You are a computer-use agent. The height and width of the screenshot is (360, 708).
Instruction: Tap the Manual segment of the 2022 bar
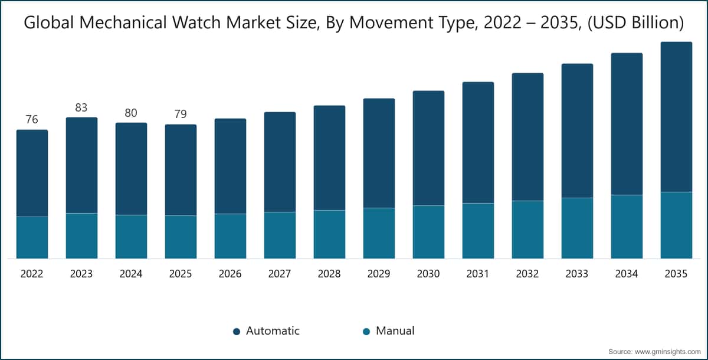coord(32,237)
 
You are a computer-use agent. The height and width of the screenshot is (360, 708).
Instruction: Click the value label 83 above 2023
coord(81,107)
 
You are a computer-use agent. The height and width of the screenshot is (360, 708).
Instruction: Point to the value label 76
coord(32,120)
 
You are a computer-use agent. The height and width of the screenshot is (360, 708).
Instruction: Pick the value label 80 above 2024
coord(131,113)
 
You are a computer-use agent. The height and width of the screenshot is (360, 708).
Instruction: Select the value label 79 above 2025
coord(181,114)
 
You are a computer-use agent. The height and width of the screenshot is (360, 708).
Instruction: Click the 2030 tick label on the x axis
coord(428,274)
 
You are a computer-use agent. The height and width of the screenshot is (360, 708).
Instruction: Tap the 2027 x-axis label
coord(280,274)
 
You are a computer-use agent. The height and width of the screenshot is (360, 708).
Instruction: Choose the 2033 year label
coord(577,274)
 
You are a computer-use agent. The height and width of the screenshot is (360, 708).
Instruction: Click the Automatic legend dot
coord(237,332)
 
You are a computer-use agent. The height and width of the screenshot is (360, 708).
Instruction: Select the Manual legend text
coord(395,331)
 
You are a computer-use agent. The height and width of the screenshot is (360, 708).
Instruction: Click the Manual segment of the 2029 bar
coord(379,233)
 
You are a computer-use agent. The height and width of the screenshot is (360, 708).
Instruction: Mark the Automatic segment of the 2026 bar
coord(230,166)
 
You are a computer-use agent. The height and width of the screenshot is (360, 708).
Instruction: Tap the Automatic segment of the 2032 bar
coord(527,137)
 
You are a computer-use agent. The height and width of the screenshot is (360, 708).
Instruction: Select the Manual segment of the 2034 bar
coord(627,227)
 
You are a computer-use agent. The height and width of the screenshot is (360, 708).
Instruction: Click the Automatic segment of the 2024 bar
coord(131,169)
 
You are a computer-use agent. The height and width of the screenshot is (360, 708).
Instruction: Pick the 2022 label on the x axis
coord(32,274)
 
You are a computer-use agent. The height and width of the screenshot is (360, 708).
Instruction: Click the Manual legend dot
coord(366,332)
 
